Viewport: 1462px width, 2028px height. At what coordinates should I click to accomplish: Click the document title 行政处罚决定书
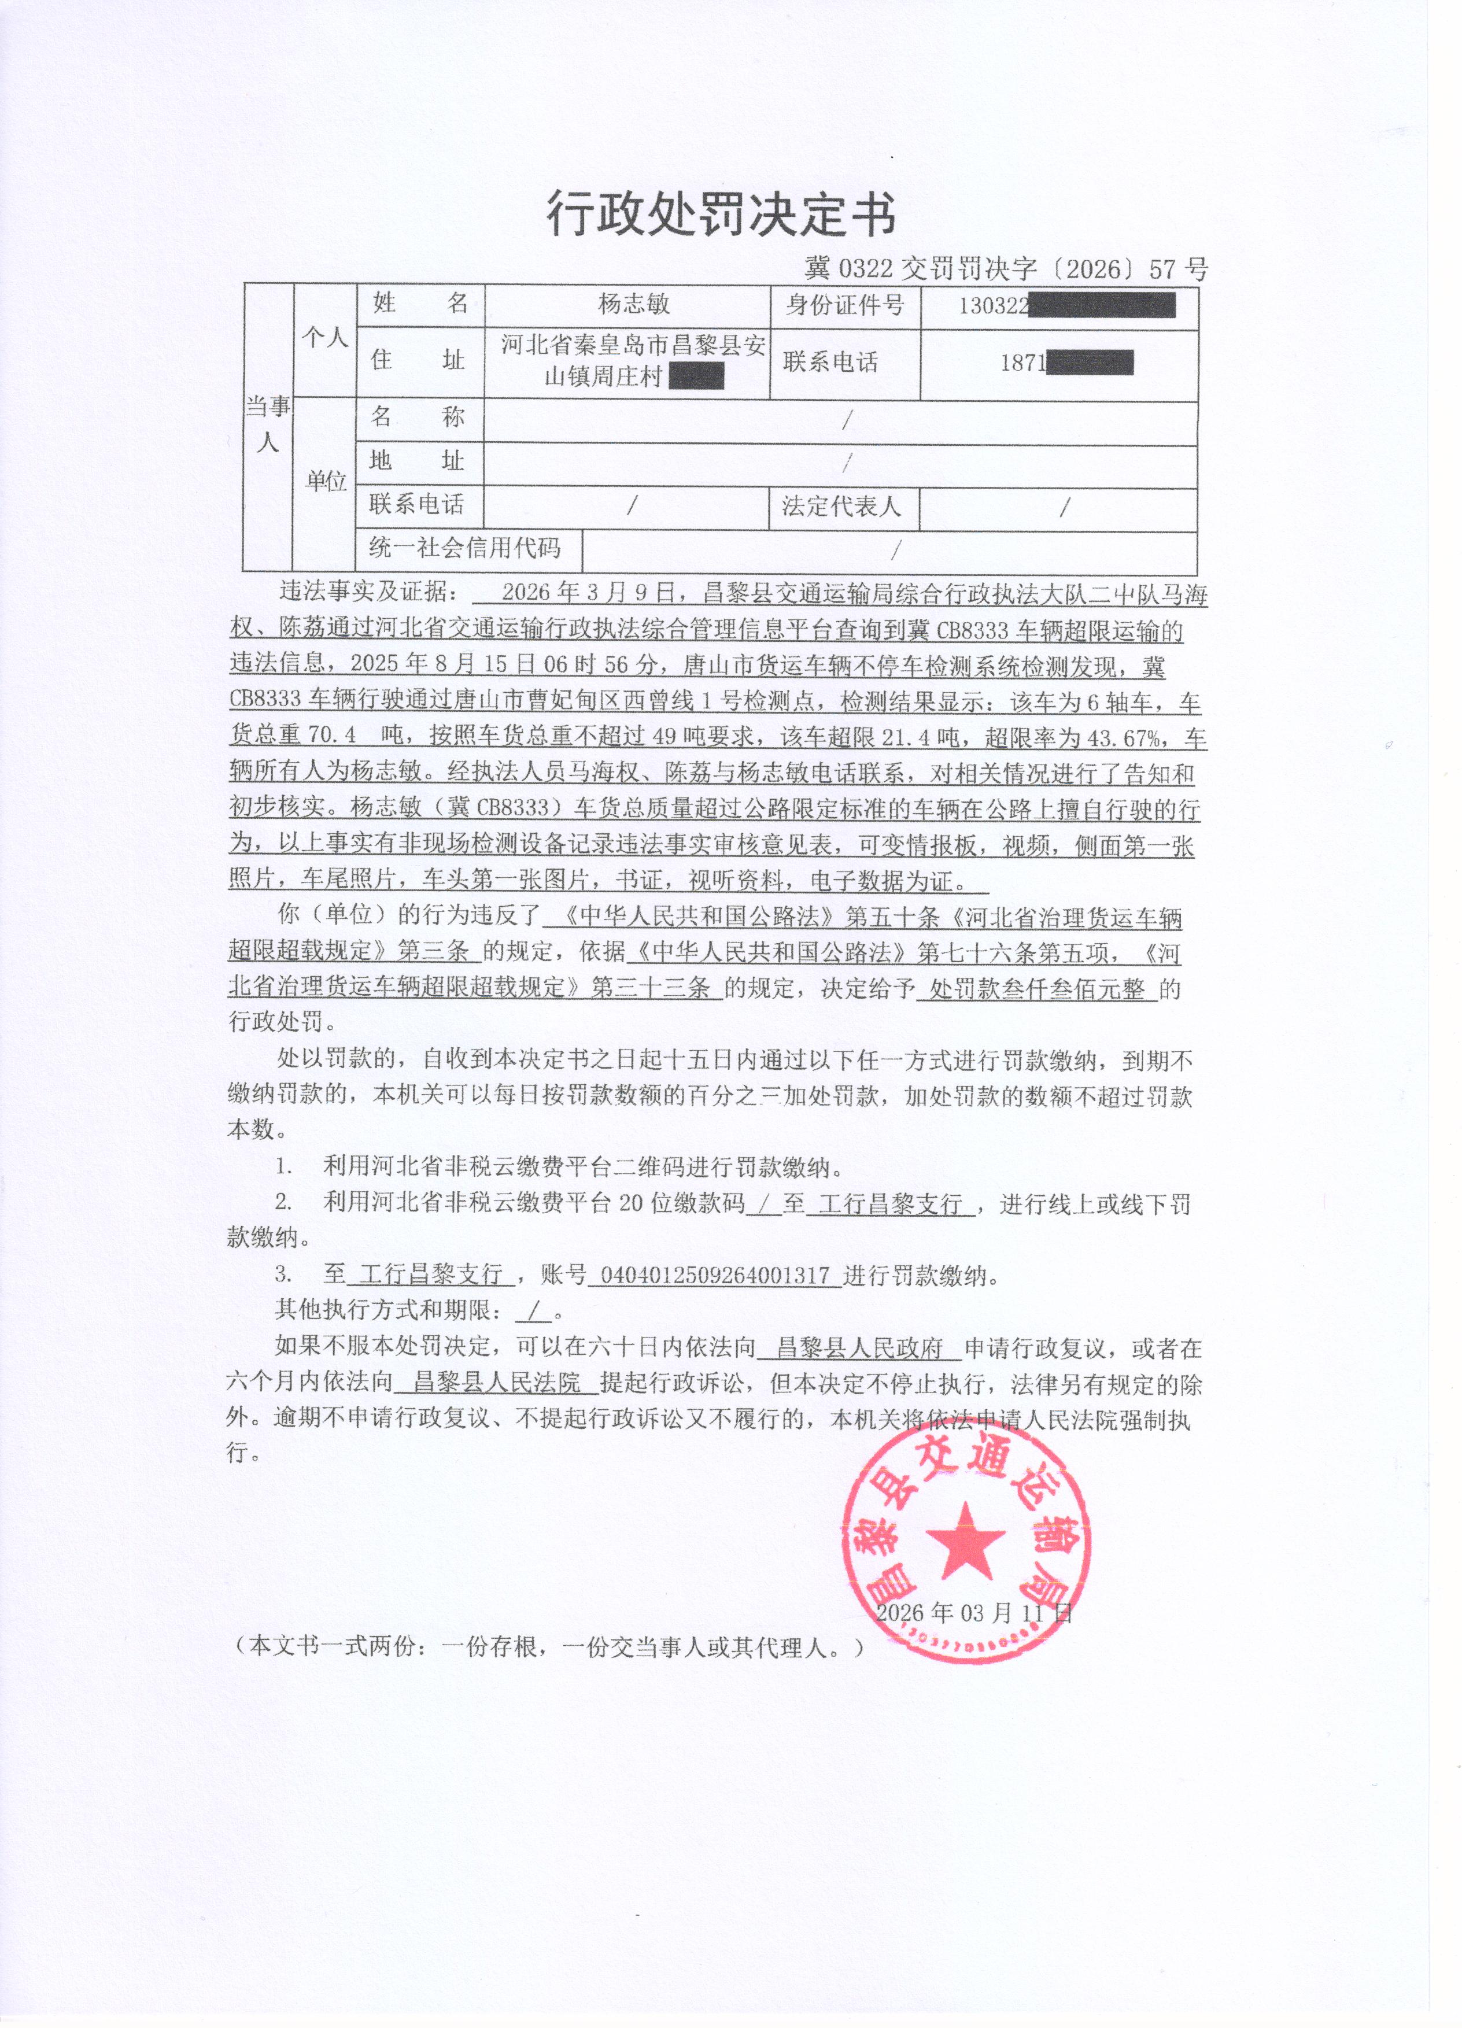[x=721, y=215]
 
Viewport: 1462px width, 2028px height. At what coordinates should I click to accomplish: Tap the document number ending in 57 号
[x=1005, y=269]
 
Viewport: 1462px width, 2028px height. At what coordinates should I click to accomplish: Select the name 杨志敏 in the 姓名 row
[x=633, y=305]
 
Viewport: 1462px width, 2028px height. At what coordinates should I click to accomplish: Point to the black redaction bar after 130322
[x=1102, y=306]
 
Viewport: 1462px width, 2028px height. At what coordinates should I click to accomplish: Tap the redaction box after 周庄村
[x=695, y=378]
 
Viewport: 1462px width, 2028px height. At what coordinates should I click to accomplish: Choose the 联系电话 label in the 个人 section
[x=830, y=362]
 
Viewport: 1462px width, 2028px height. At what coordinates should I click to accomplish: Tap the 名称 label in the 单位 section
[x=417, y=417]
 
